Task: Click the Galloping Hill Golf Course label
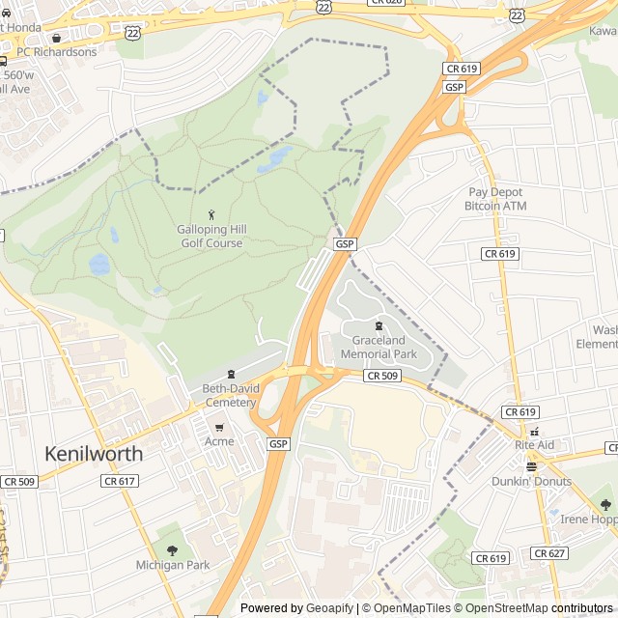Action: coord(211,237)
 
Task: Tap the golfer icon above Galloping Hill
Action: coord(211,213)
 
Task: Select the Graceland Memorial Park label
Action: coord(379,348)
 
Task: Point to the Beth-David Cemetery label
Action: coord(229,395)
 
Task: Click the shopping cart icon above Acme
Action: coord(219,427)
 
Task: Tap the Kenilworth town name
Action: coord(94,453)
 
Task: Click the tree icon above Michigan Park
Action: coord(172,550)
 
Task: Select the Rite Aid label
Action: coord(534,444)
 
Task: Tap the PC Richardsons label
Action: coord(57,52)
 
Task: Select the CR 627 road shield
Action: coord(548,553)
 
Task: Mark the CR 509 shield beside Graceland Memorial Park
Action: coord(381,376)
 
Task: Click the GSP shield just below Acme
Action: coord(278,443)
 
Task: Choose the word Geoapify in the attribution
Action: coord(330,608)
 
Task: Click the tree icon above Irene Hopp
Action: coord(605,504)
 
